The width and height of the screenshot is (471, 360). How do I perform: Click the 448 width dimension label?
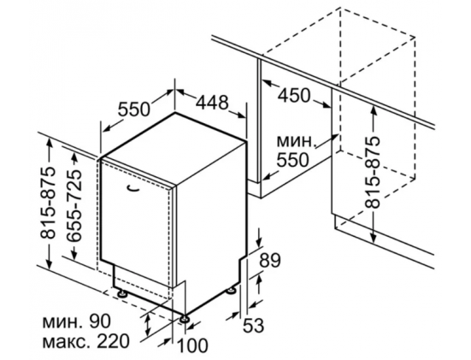[212, 103]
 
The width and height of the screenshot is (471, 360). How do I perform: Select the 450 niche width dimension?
[293, 95]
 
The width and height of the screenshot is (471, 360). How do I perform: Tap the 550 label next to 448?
[133, 109]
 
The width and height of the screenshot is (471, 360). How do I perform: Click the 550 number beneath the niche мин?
[292, 160]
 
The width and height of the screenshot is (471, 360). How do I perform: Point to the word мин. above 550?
[297, 141]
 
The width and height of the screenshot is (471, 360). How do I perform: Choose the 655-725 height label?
[74, 206]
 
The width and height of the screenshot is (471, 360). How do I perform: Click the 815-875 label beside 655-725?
[48, 203]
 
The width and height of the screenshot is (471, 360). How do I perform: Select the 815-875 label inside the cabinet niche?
[373, 173]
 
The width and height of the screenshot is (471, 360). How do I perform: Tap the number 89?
[270, 260]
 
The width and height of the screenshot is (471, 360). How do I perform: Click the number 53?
[253, 325]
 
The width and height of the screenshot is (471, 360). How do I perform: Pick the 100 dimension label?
[192, 345]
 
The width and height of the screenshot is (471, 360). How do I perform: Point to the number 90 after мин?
[100, 322]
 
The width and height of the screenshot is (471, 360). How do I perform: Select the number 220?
[113, 341]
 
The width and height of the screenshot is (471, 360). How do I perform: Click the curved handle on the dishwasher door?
[132, 188]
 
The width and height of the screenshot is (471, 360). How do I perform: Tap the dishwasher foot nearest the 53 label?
[231, 291]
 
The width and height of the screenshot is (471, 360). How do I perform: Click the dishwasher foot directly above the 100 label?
[184, 319]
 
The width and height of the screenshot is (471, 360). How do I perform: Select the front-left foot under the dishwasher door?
[121, 293]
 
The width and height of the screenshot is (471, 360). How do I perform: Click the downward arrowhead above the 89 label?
[260, 242]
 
